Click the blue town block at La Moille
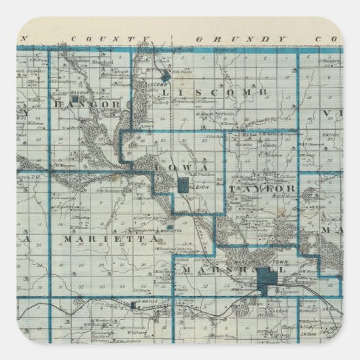pyautogui.click(x=136, y=306)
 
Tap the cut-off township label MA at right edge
pyautogui.click(x=332, y=230)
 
